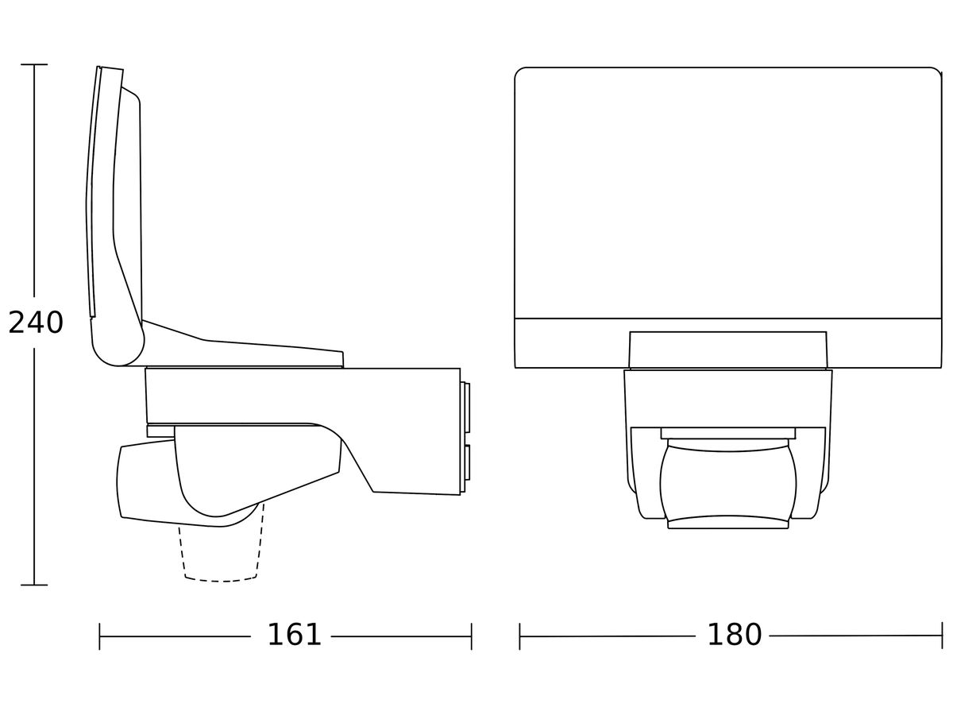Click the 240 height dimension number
pos(36,323)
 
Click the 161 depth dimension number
pos(294,636)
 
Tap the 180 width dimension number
pos(734,636)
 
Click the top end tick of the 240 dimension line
pos(34,64)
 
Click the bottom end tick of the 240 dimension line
pos(34,586)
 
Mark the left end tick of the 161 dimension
pos(99,636)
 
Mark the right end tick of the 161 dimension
pos(471,636)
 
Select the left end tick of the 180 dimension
pos(519,636)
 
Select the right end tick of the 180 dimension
pos(942,636)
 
